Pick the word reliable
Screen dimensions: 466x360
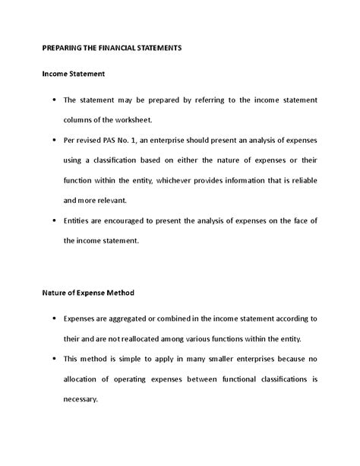click(x=302, y=180)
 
